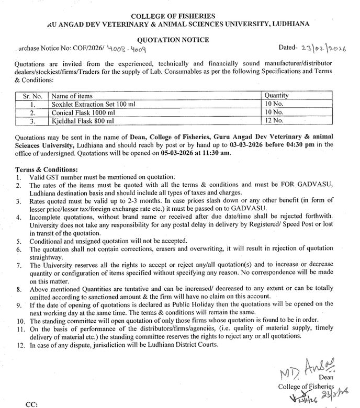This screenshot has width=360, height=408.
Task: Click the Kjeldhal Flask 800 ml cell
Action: tap(82, 121)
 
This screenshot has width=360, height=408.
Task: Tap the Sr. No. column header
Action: tap(32, 96)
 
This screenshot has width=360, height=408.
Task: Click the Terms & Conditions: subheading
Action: tap(47, 169)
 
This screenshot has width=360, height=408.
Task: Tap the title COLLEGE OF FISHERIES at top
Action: tap(180, 16)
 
